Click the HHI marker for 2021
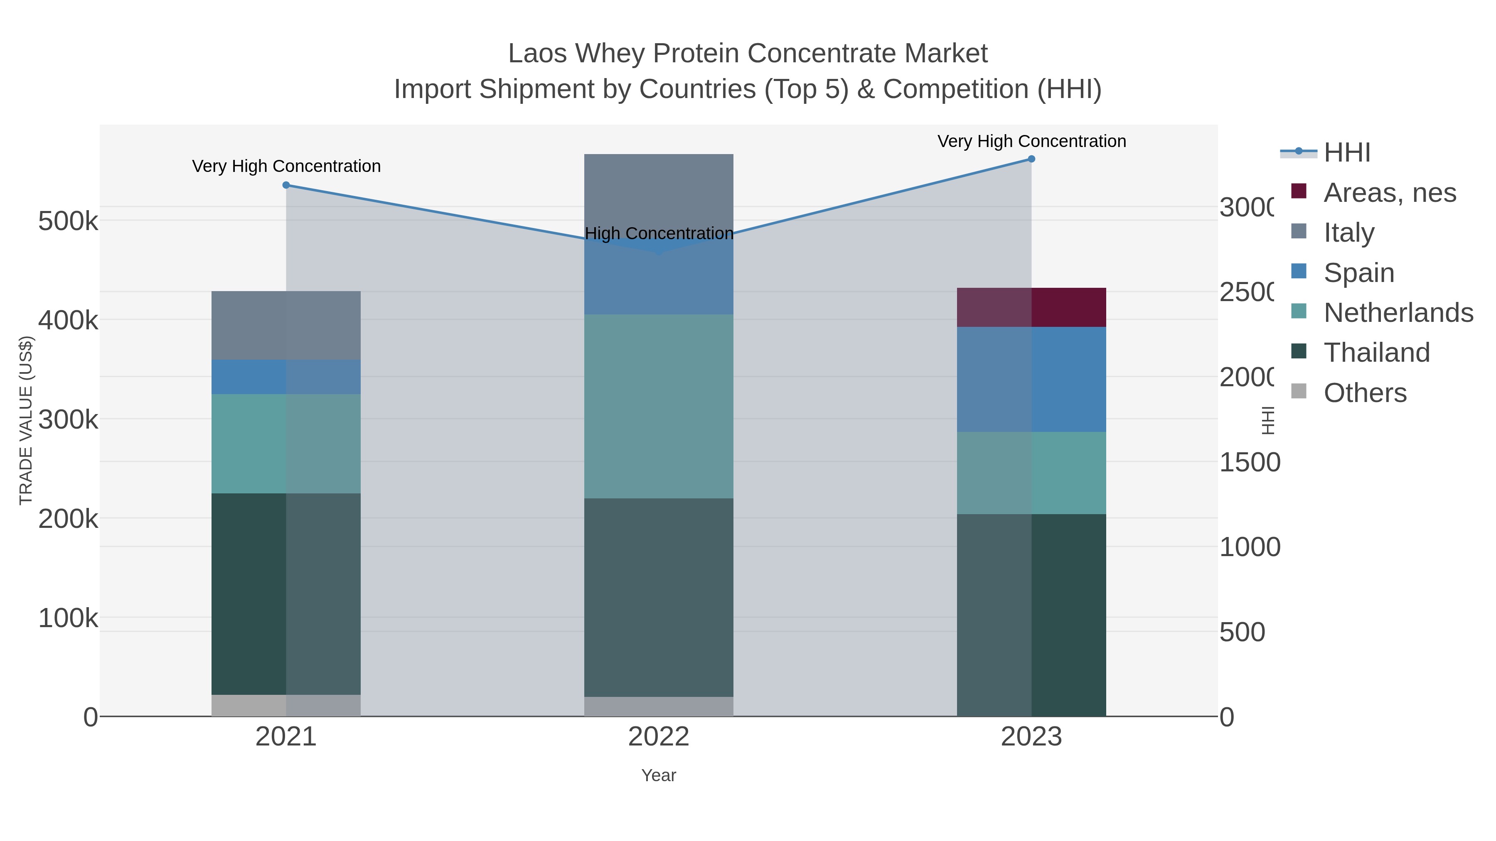(x=286, y=185)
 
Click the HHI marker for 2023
(x=1031, y=159)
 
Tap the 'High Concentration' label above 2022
(x=659, y=233)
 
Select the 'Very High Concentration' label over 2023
(x=1031, y=141)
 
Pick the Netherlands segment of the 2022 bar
(x=659, y=406)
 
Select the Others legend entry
(x=1365, y=393)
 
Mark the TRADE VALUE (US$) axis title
(x=26, y=420)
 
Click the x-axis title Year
(x=659, y=775)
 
